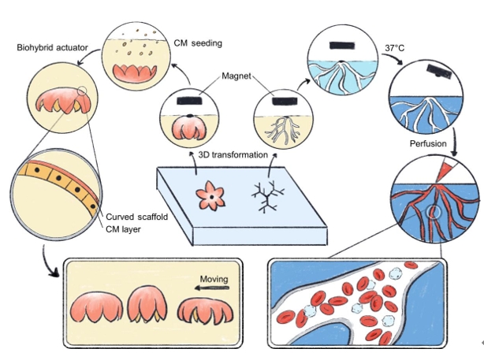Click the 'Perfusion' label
point(428,143)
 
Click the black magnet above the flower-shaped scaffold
point(190,102)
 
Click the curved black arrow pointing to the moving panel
point(47,268)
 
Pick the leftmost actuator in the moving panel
point(99,308)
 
